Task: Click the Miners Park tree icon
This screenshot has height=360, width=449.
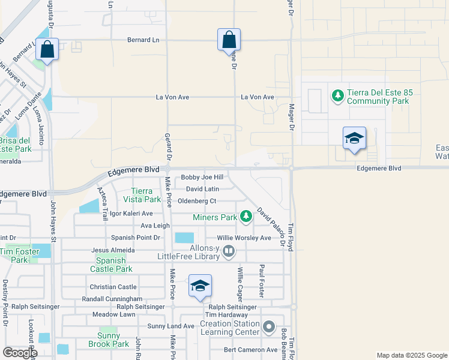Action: click(x=245, y=216)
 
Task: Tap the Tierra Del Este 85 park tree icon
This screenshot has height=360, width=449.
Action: click(x=337, y=96)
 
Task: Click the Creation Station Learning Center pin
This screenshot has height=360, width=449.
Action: click(x=269, y=328)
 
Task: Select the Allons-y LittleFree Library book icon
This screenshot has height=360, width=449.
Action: click(x=229, y=251)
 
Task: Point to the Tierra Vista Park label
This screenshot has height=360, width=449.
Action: click(x=142, y=194)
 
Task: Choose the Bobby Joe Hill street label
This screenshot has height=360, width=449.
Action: click(x=202, y=178)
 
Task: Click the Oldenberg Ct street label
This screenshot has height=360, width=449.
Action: click(x=197, y=200)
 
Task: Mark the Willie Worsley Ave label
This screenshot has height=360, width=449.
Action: click(x=244, y=238)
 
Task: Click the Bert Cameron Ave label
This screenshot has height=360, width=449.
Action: click(x=250, y=350)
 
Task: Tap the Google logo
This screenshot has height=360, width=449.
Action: click(x=20, y=353)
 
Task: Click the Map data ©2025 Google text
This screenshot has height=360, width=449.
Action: click(x=411, y=355)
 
